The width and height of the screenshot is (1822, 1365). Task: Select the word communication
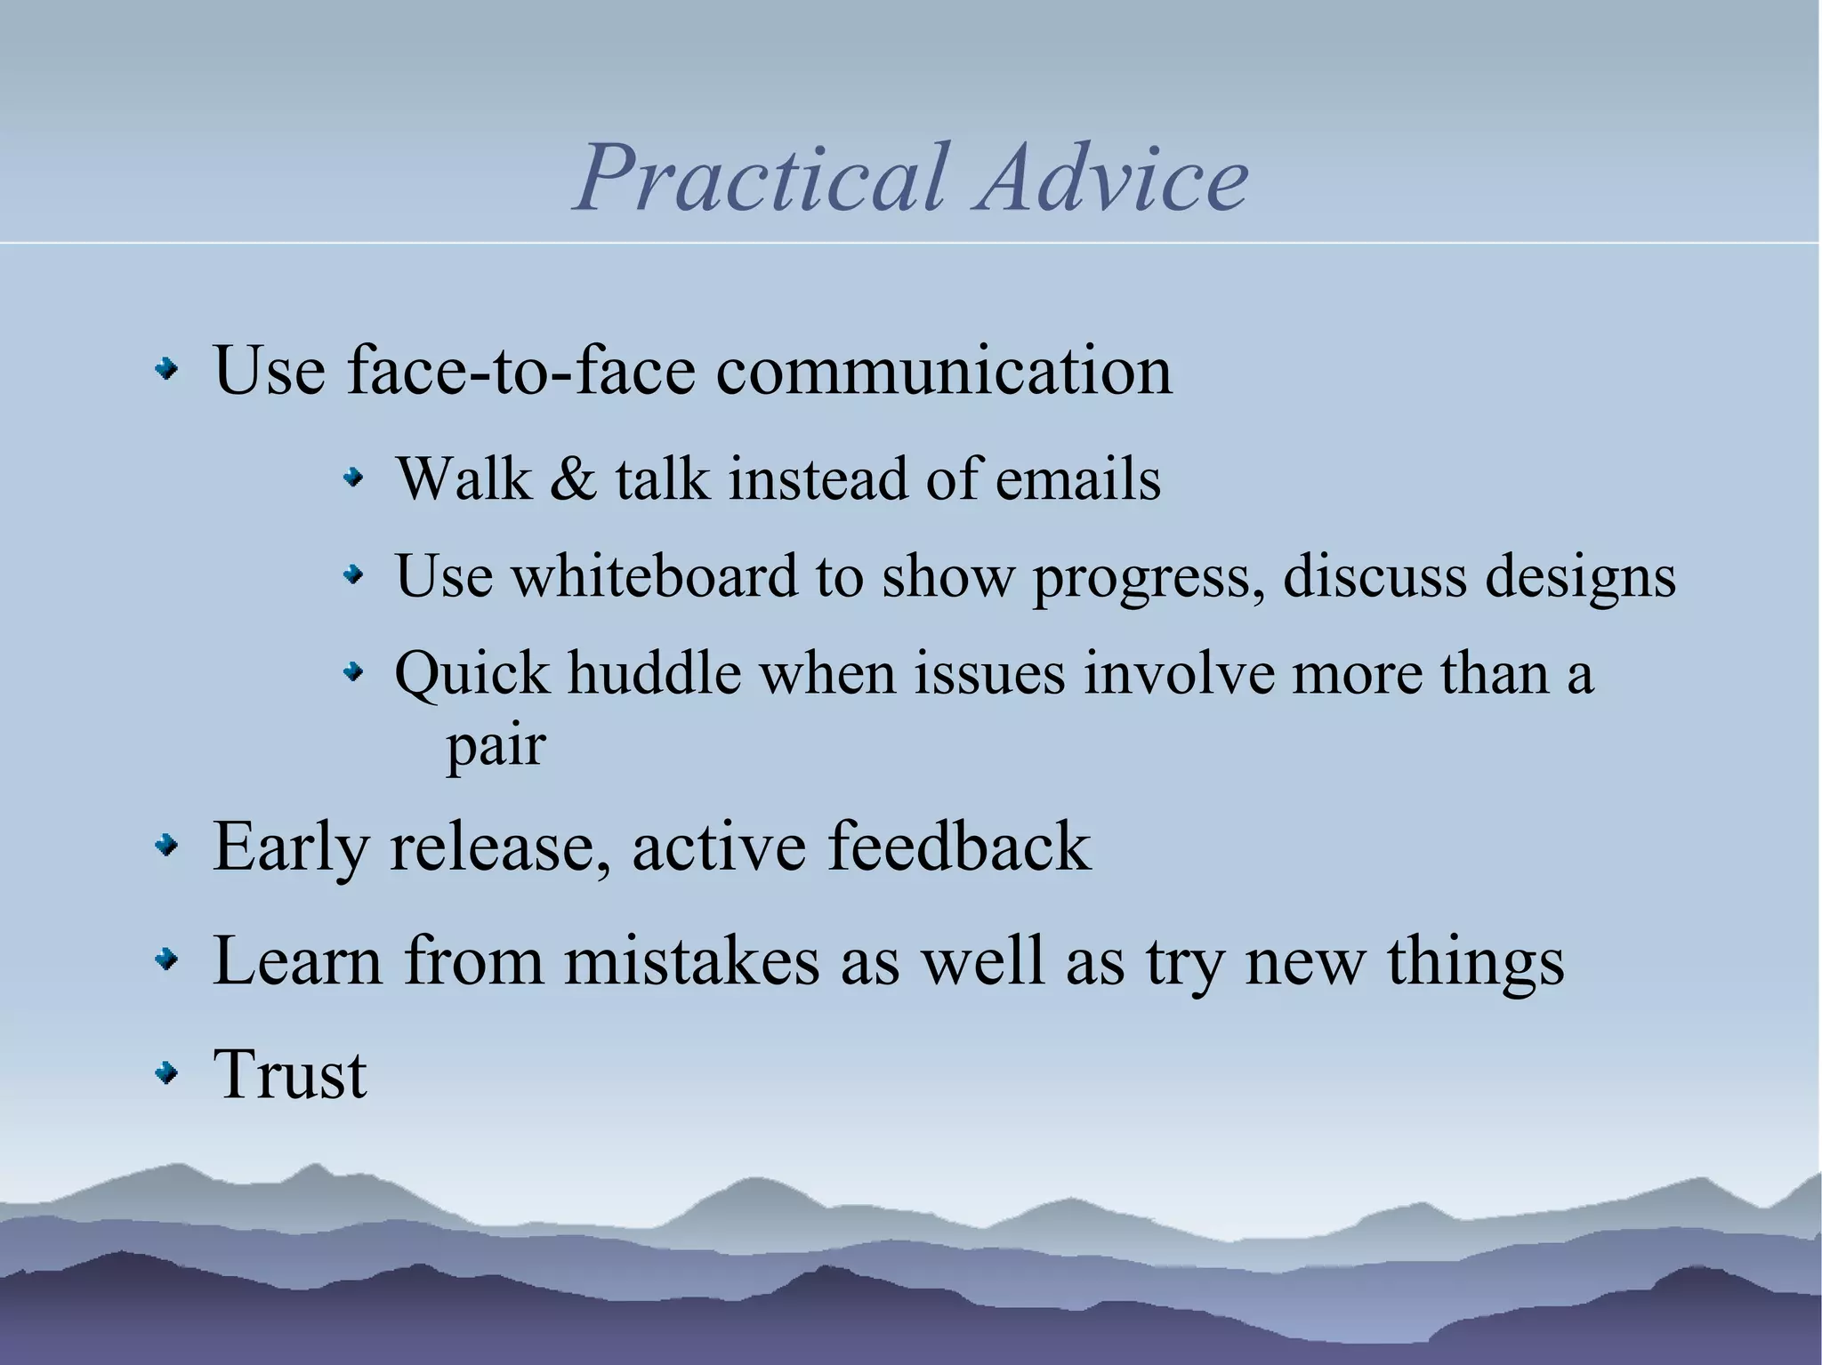(944, 370)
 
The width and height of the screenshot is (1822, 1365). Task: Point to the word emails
(1077, 479)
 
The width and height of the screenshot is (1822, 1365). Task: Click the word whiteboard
(654, 575)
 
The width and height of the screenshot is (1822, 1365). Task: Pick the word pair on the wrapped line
(495, 747)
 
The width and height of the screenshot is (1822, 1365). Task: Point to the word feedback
(959, 846)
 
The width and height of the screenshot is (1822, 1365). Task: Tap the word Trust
(290, 1074)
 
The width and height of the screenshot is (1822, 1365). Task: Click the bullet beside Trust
(165, 1075)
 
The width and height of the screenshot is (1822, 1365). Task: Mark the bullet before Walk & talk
(354, 480)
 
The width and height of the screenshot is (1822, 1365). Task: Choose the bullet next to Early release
(165, 847)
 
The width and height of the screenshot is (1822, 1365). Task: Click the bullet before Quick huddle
(354, 673)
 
